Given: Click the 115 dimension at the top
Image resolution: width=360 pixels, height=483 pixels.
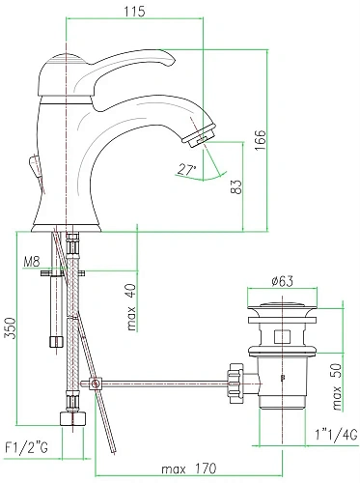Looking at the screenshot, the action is (135, 12).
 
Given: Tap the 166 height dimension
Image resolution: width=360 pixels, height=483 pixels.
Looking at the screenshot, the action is (261, 140).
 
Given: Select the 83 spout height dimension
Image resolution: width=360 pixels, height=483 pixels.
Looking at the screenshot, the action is (236, 186).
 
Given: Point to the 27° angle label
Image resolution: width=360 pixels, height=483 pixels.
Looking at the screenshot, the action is (186, 170).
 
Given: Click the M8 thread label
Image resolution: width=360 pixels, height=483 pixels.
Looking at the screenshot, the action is (32, 262).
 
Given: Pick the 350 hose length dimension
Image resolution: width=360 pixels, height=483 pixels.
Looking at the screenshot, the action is (10, 328).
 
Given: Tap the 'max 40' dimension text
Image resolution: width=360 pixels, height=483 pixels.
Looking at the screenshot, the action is (131, 307).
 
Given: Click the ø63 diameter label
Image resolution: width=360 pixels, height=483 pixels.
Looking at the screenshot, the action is (283, 281).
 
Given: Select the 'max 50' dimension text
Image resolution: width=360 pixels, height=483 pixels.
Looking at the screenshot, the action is (337, 387).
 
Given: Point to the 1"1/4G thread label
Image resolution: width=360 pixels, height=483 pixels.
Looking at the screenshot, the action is (337, 435).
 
